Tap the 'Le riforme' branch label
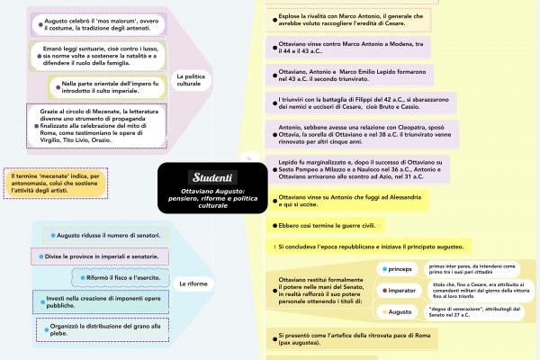(x=193, y=284)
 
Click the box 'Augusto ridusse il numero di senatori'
(x=105, y=235)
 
